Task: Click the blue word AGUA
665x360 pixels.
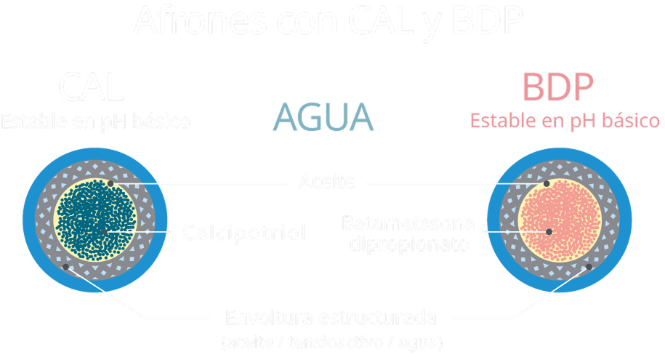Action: click(323, 117)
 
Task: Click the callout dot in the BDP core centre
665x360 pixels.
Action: click(549, 231)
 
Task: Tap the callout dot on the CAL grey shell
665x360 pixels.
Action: click(66, 267)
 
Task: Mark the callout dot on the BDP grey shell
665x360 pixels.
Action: click(588, 267)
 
